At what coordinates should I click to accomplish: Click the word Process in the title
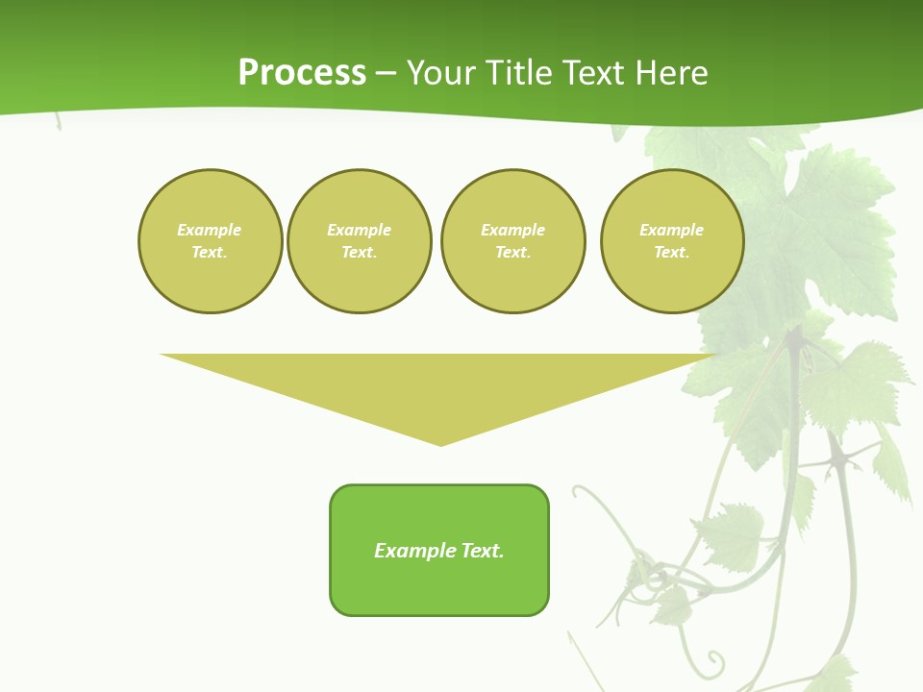click(x=302, y=73)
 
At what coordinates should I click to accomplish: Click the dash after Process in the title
click(x=386, y=73)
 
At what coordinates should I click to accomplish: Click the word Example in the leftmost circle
click(x=210, y=230)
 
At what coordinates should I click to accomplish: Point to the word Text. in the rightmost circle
click(x=671, y=252)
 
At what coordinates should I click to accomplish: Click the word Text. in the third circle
click(x=512, y=252)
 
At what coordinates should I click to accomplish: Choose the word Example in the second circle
click(x=360, y=230)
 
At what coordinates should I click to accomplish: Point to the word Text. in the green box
click(x=484, y=551)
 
